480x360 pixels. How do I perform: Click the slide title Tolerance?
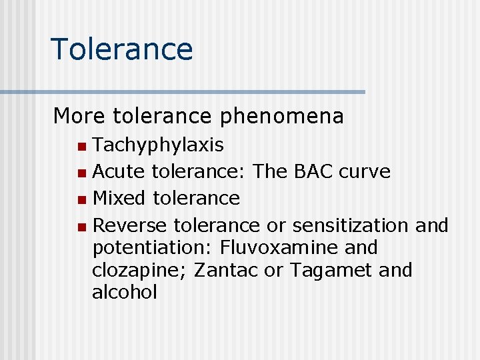point(121,49)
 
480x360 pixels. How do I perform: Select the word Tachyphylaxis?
point(158,145)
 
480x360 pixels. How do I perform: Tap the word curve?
point(365,171)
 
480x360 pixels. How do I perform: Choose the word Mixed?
point(120,198)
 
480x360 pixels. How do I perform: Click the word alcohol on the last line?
point(125,292)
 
